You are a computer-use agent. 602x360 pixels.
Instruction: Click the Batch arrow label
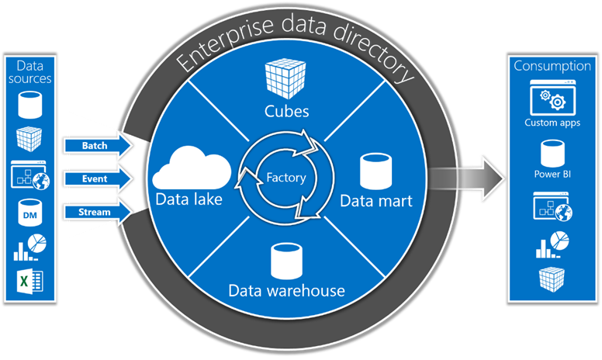(95, 145)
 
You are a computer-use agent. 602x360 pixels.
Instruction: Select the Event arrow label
(95, 178)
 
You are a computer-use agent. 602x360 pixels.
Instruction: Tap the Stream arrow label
(95, 211)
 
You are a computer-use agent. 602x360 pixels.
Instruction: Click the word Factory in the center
(286, 178)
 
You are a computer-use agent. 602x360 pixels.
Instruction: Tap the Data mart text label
(375, 201)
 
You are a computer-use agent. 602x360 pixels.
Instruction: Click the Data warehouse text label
(286, 291)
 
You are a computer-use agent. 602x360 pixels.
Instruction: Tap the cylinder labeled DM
(28, 211)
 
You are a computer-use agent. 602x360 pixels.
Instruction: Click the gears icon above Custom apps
(551, 99)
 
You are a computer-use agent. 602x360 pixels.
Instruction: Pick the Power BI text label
(551, 174)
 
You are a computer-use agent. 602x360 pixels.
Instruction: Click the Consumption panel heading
(552, 66)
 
